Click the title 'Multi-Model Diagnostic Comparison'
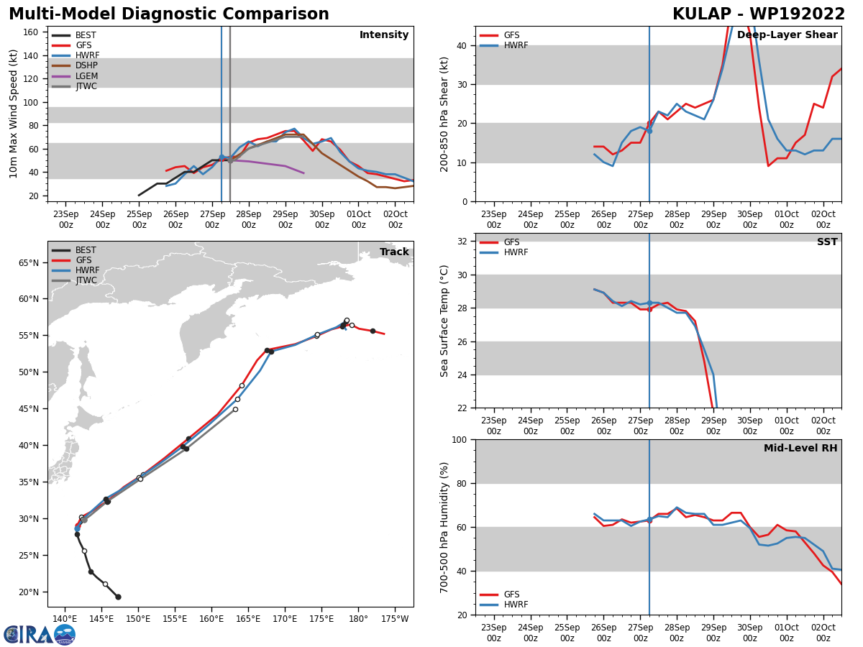point(169,14)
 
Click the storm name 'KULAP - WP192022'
point(759,14)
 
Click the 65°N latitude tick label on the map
point(29,263)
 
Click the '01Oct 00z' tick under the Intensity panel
point(358,219)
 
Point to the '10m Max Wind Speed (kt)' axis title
point(14,114)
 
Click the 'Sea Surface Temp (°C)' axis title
point(444,321)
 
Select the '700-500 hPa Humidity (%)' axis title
point(444,527)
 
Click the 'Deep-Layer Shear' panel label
point(787,35)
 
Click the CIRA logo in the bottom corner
point(40,634)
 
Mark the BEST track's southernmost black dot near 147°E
point(118,597)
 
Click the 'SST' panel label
point(827,242)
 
